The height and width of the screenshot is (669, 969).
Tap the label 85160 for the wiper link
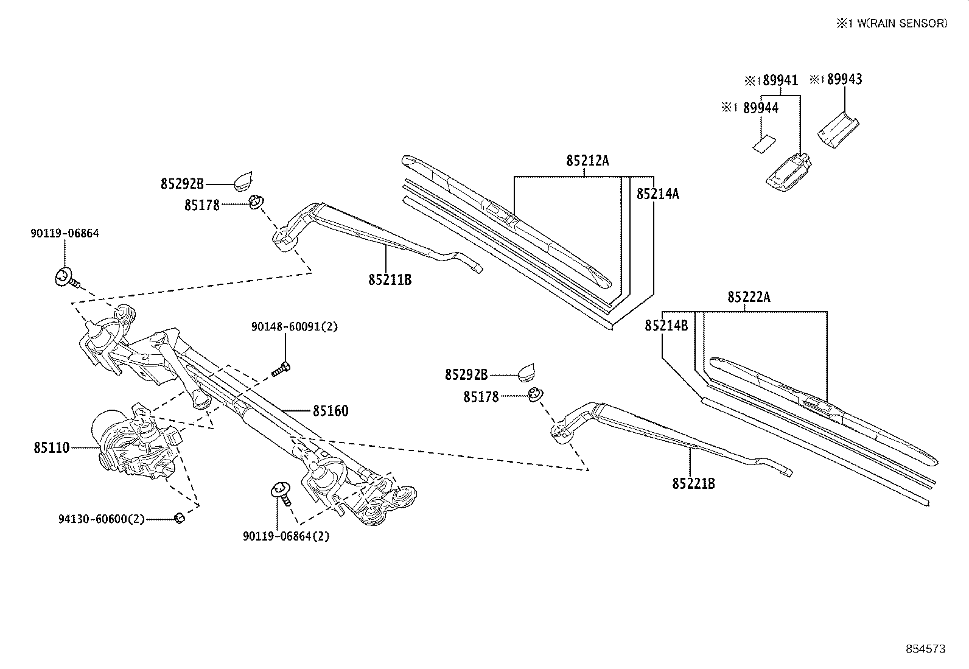(331, 411)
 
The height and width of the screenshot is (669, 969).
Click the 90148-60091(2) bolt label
(295, 327)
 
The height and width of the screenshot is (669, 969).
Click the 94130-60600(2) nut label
(102, 519)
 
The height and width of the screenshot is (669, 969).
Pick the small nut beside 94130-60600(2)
(179, 518)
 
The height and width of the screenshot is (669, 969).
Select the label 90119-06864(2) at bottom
(286, 536)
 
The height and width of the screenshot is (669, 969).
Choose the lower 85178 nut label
(481, 397)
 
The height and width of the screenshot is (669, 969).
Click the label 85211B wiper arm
(390, 280)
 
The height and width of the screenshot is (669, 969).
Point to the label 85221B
(693, 484)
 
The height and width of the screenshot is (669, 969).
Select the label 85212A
(587, 161)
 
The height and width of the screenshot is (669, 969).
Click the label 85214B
(666, 326)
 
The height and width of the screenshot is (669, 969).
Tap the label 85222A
(749, 297)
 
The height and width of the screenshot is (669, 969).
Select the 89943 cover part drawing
(838, 128)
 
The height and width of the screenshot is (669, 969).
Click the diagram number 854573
(926, 649)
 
